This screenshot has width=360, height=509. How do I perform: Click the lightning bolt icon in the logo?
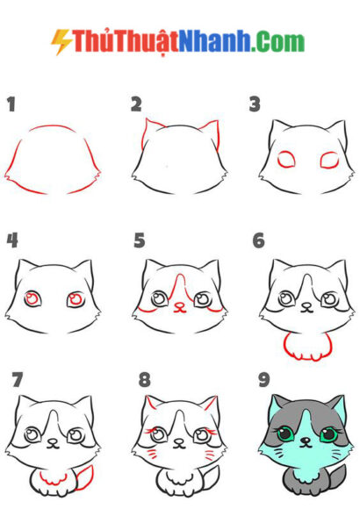point(61,41)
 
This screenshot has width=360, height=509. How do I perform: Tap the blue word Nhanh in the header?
point(214,41)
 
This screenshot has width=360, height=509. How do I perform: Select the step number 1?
point(11,104)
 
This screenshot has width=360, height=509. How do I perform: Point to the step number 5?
point(140,240)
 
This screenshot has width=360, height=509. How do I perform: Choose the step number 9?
point(263,380)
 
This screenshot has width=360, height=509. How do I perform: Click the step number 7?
point(18,380)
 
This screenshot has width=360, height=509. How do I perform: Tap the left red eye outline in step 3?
point(286,160)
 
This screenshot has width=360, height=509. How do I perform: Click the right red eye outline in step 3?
point(329,161)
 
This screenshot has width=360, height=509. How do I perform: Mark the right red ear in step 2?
point(212,133)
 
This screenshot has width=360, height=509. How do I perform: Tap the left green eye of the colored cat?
point(285,434)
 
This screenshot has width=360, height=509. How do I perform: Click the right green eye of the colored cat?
point(328,434)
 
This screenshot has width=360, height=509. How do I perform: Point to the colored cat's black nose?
point(305,441)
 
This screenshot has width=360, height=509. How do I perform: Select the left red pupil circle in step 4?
point(32,298)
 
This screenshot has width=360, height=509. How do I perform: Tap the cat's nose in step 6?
point(306,305)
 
